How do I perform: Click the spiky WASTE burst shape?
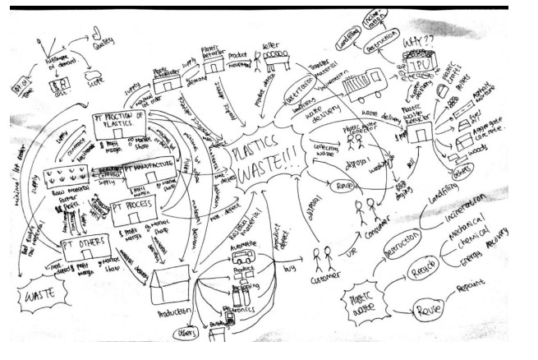40,294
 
